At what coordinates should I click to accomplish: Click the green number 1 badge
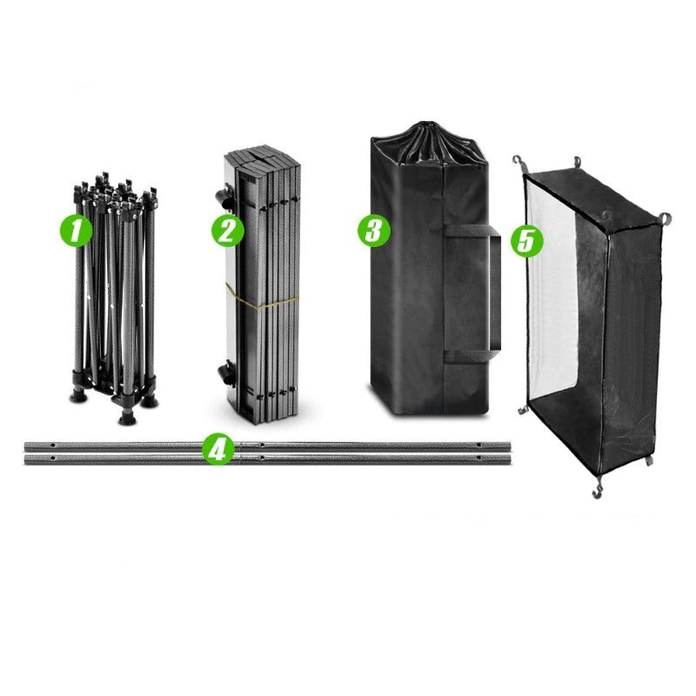point(76,231)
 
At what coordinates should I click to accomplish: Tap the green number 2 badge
point(227,231)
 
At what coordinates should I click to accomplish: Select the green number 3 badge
point(374,231)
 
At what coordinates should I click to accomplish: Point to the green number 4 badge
point(218,449)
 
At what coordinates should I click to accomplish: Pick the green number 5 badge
point(527,241)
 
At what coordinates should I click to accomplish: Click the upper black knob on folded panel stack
point(225,197)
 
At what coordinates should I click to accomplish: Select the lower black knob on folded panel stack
point(226,373)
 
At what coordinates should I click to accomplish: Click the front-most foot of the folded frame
point(126,418)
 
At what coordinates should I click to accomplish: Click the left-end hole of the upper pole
point(53,445)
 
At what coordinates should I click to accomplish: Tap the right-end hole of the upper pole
point(478,445)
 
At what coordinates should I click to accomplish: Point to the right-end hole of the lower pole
point(478,458)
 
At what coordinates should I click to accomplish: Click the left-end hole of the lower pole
point(53,458)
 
